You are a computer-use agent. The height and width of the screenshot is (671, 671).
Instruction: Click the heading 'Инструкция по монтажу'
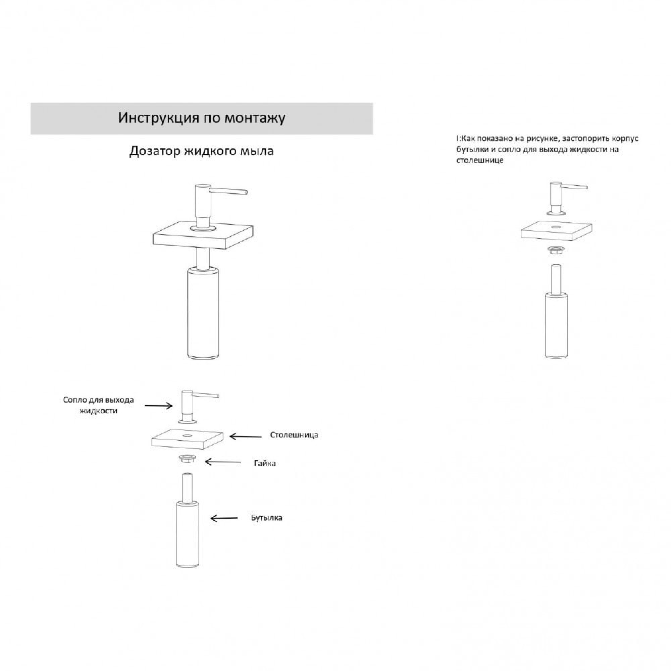point(202,118)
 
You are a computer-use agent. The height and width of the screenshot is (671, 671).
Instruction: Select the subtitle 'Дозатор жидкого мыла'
point(201,151)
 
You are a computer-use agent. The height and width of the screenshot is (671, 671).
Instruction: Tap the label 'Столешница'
point(294,435)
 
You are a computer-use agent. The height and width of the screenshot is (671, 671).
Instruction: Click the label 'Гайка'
point(265,463)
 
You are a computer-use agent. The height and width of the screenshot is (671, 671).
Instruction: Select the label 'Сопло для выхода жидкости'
point(98,405)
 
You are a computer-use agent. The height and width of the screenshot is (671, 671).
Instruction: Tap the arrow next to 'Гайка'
point(223,462)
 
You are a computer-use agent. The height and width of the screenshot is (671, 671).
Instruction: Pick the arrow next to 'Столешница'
point(246,436)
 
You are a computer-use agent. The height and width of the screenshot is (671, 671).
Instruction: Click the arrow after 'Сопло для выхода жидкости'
point(158,406)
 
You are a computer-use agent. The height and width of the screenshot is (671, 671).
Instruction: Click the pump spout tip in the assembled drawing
point(246,192)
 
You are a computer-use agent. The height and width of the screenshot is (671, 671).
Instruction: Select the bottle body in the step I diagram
point(556,325)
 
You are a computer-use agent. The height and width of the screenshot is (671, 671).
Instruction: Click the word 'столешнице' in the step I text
point(480,160)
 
